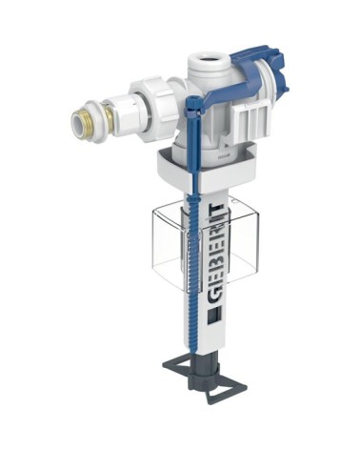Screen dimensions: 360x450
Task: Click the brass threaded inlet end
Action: [79, 118]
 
